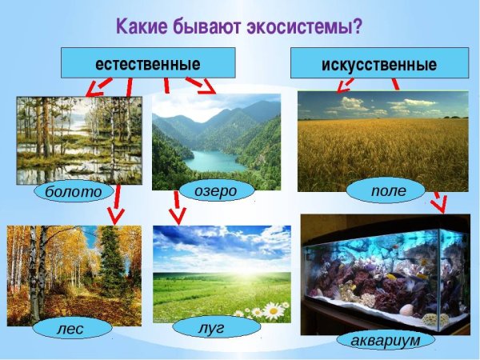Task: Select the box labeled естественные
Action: pos(148,62)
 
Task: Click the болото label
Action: pos(74,192)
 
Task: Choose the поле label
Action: pos(387,191)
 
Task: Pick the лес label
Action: pos(73,327)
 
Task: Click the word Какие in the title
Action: pos(143,26)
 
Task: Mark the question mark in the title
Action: pos(357,26)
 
